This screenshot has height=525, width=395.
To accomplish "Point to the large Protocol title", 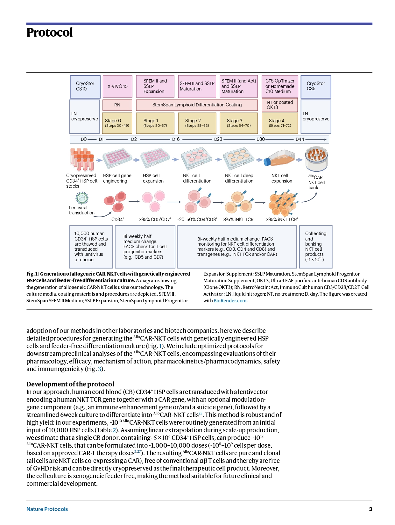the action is (x=49, y=32).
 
